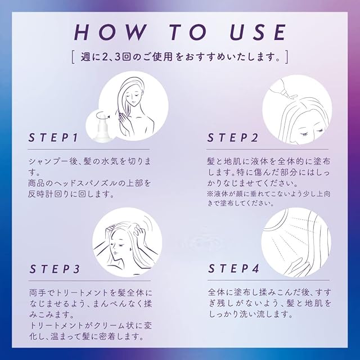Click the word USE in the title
click(258, 32)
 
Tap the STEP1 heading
click(53, 137)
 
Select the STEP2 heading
click(232, 137)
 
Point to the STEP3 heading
click(55, 269)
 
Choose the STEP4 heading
click(233, 268)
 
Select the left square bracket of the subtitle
click(73, 57)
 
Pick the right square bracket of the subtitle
click(286, 57)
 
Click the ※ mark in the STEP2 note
click(210, 194)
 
